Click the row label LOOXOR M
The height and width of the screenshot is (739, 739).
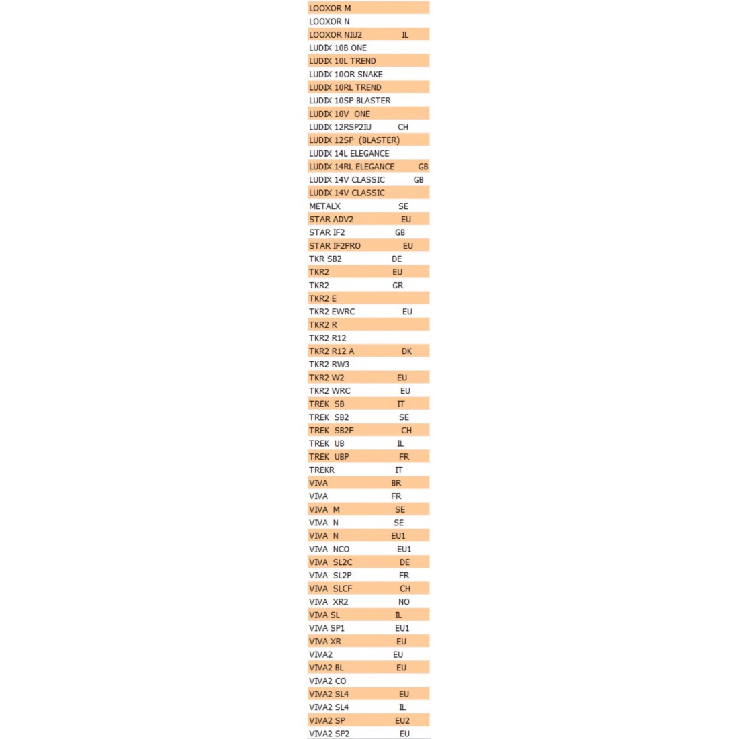(x=330, y=8)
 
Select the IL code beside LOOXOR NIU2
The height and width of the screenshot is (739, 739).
(x=404, y=34)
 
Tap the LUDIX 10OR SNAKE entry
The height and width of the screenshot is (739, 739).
(x=345, y=74)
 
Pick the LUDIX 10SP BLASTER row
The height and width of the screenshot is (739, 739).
(x=349, y=101)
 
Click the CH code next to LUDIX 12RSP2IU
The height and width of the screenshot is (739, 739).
(x=403, y=127)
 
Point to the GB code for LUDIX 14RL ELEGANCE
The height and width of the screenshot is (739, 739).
(x=423, y=167)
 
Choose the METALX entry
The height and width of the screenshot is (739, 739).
(x=324, y=206)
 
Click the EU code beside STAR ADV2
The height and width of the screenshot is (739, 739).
(x=406, y=220)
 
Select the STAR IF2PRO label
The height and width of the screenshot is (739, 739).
(x=335, y=246)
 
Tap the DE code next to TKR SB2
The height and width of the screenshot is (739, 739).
(x=396, y=259)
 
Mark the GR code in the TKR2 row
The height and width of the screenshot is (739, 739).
(x=398, y=286)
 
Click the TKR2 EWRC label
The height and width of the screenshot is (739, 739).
(x=332, y=312)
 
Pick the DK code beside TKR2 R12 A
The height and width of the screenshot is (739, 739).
(x=406, y=351)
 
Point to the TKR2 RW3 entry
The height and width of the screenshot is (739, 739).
(x=329, y=365)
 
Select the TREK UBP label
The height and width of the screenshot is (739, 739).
(x=329, y=457)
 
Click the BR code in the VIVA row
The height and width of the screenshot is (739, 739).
(x=396, y=483)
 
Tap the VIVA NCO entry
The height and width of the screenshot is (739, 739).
(x=329, y=550)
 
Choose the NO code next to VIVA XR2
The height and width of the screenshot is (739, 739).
(x=404, y=602)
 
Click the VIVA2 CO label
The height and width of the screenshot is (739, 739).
(x=327, y=681)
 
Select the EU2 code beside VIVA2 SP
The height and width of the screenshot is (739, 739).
(x=402, y=721)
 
